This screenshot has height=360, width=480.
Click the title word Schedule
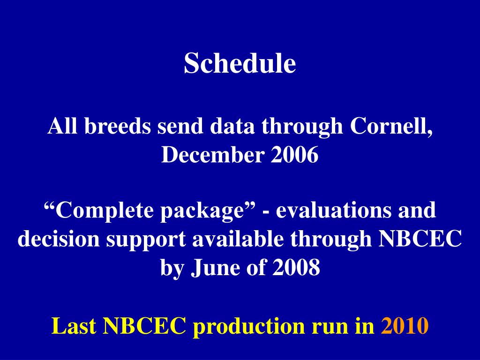point(240,63)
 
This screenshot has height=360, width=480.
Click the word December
point(212,154)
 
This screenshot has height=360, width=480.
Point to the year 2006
point(294,154)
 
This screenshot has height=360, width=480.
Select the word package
point(202,212)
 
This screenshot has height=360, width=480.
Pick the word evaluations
point(333,210)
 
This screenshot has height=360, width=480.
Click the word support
point(146,240)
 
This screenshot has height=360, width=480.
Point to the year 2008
point(296,267)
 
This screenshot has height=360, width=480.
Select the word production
point(249,326)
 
